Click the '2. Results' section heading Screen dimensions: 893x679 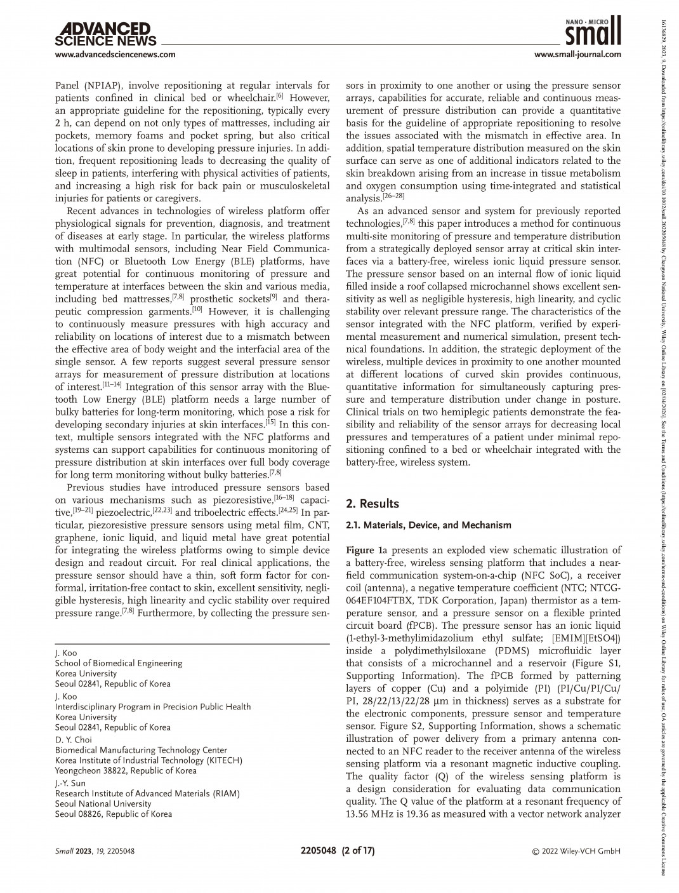click(x=372, y=504)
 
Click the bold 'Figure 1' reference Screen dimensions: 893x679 click(x=363, y=550)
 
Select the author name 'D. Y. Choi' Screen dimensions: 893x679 click(x=74, y=739)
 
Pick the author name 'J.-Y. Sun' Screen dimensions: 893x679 click(x=70, y=783)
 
